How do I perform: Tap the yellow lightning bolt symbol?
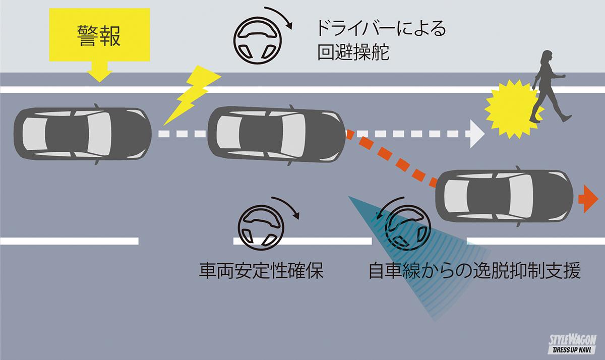(x=191, y=96)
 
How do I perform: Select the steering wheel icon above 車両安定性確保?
(x=260, y=226)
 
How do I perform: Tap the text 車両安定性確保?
(x=261, y=272)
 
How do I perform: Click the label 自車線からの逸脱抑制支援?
(x=474, y=272)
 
